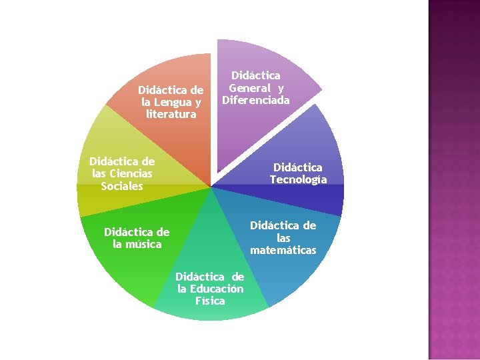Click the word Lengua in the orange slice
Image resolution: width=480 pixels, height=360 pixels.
point(172,102)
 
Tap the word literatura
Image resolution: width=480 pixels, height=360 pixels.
point(171,114)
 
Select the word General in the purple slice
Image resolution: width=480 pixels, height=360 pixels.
point(249,88)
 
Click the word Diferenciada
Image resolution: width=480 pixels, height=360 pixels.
point(256,100)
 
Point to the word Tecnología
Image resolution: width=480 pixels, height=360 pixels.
point(298,179)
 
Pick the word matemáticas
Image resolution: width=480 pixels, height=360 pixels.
point(283,250)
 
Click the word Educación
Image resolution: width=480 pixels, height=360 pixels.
point(217,288)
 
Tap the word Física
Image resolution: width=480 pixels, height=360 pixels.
point(210,300)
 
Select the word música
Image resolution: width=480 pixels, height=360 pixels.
point(137,244)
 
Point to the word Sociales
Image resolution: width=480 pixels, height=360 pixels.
point(122,185)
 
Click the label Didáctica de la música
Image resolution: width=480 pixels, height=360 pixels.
point(137,238)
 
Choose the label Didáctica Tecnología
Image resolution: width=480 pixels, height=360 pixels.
point(298,173)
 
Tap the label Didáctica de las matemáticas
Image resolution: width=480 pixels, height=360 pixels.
point(283,237)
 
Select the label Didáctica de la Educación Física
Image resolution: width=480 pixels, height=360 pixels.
point(210,288)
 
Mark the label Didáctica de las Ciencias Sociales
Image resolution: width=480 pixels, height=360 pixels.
point(122,173)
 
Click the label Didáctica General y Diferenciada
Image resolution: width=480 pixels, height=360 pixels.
point(256,88)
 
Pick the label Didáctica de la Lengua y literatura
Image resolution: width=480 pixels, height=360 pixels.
point(171,102)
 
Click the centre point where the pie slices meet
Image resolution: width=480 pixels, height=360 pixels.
point(211,187)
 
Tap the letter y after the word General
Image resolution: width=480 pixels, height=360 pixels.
point(281,88)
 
